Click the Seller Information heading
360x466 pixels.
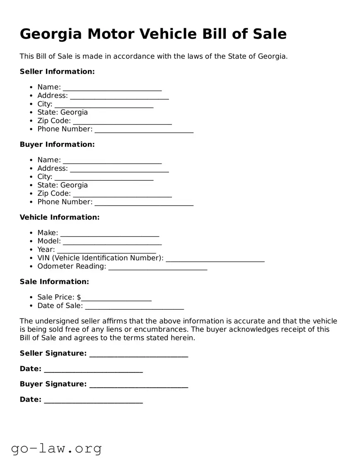(x=57, y=72)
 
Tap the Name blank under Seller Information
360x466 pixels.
(x=112, y=87)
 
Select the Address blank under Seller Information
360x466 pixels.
(x=119, y=96)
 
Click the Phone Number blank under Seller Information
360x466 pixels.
(x=144, y=129)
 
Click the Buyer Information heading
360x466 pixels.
(x=57, y=145)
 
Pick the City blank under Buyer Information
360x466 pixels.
(x=104, y=177)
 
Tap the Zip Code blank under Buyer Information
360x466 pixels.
(x=122, y=194)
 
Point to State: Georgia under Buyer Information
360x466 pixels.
(x=63, y=185)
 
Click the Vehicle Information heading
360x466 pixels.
(x=60, y=217)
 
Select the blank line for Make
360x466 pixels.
(x=109, y=233)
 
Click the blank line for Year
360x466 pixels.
(x=106, y=250)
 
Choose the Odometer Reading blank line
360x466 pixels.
(x=157, y=267)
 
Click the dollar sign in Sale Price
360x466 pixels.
(x=79, y=297)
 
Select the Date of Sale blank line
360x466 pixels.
(x=134, y=306)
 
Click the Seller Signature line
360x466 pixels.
(x=138, y=354)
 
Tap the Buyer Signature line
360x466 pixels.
(x=138, y=384)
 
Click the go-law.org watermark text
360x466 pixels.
(x=56, y=448)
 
